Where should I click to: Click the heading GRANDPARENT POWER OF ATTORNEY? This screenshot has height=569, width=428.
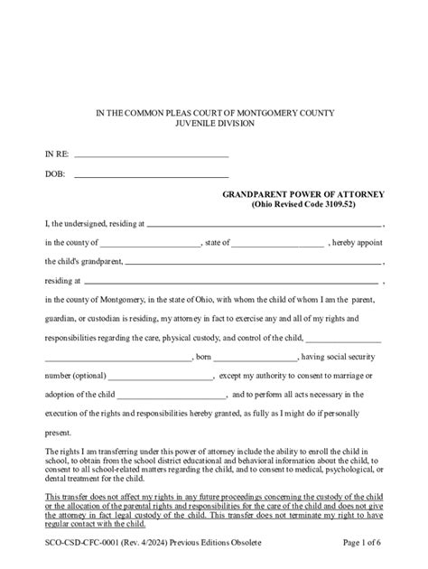[304, 194]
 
